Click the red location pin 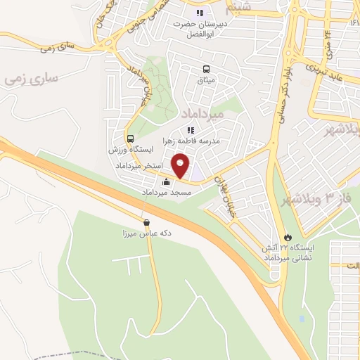pos(181,165)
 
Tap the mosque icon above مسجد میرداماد pos(166,182)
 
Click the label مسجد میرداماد pos(167,192)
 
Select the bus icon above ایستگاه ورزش pos(131,139)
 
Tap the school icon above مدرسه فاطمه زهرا pos(190,130)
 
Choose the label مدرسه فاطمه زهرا pos(191,141)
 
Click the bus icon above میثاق pos(206,70)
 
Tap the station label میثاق pos(205,80)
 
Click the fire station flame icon pos(286,237)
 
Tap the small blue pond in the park pos(302,319)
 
